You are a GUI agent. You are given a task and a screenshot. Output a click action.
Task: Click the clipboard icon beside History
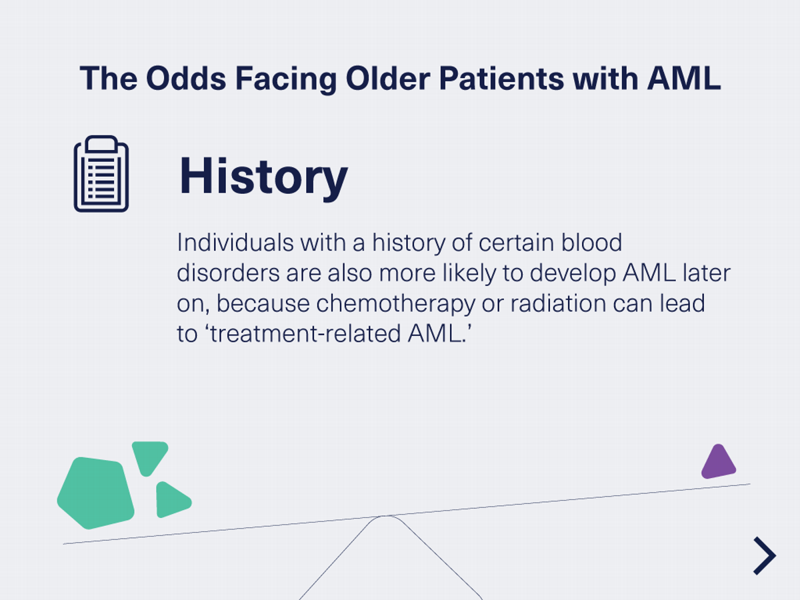pyautogui.click(x=101, y=174)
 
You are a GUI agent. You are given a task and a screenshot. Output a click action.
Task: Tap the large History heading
pyautogui.click(x=263, y=176)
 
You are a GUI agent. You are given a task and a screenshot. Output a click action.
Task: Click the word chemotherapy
pyautogui.click(x=395, y=303)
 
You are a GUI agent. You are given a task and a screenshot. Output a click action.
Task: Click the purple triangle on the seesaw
pyautogui.click(x=718, y=463)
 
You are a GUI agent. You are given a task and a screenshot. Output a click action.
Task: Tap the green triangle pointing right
pyautogui.click(x=171, y=500)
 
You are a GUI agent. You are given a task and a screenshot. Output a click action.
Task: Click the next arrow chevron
pyautogui.click(x=765, y=555)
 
